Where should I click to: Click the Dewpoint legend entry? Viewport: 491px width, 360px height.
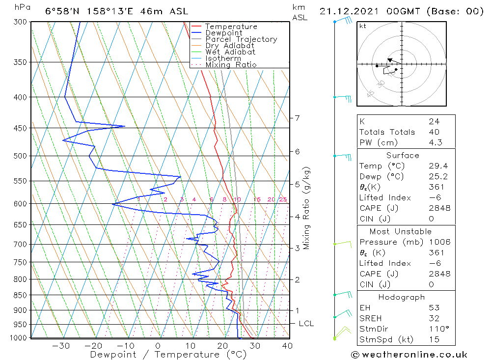coord(223,33)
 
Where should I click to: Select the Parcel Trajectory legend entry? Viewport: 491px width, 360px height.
coord(241,39)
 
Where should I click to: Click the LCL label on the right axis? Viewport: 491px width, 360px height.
coord(306,324)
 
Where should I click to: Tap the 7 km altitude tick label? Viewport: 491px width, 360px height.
coord(297,118)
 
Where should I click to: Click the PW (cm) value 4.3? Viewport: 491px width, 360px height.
coord(435,143)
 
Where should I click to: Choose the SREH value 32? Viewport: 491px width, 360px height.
coord(434,318)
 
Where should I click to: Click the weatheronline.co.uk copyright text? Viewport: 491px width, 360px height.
coord(409,355)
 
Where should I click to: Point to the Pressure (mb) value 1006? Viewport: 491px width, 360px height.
coord(439,242)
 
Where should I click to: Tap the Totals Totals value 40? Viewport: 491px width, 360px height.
coord(434,132)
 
